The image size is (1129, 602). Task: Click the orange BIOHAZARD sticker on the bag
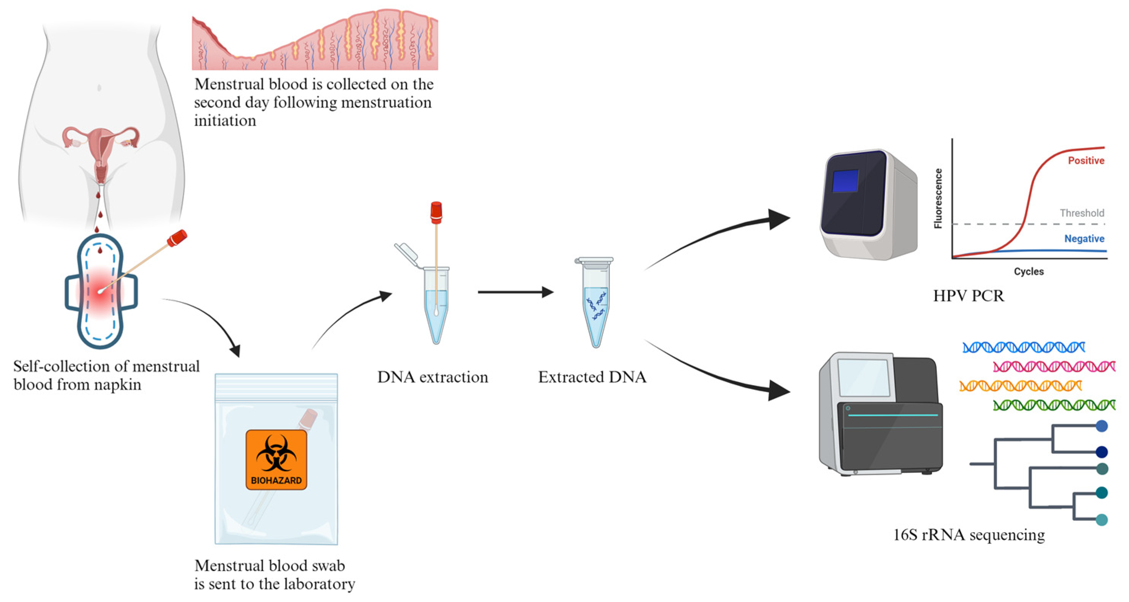tap(276, 460)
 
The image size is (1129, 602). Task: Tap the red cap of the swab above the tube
tap(436, 212)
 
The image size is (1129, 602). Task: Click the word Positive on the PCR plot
tap(1086, 160)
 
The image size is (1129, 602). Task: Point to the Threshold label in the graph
tap(1082, 213)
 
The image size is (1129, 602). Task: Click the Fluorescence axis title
tap(938, 198)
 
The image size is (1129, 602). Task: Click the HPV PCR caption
tap(968, 296)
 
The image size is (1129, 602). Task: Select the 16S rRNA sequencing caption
tap(969, 535)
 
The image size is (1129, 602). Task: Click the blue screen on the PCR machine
tap(845, 181)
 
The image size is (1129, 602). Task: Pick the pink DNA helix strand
tap(1054, 366)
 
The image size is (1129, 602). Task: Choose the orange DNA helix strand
tap(1020, 386)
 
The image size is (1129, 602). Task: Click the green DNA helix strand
tap(1054, 405)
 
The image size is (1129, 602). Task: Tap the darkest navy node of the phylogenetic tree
tap(1102, 451)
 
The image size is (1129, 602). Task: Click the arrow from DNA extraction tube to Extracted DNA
tap(515, 292)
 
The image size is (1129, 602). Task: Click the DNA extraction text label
tap(433, 377)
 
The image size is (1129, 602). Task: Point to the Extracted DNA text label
tap(592, 377)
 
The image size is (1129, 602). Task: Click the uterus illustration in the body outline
tap(101, 149)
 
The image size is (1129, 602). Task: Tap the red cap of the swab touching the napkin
tap(177, 238)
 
